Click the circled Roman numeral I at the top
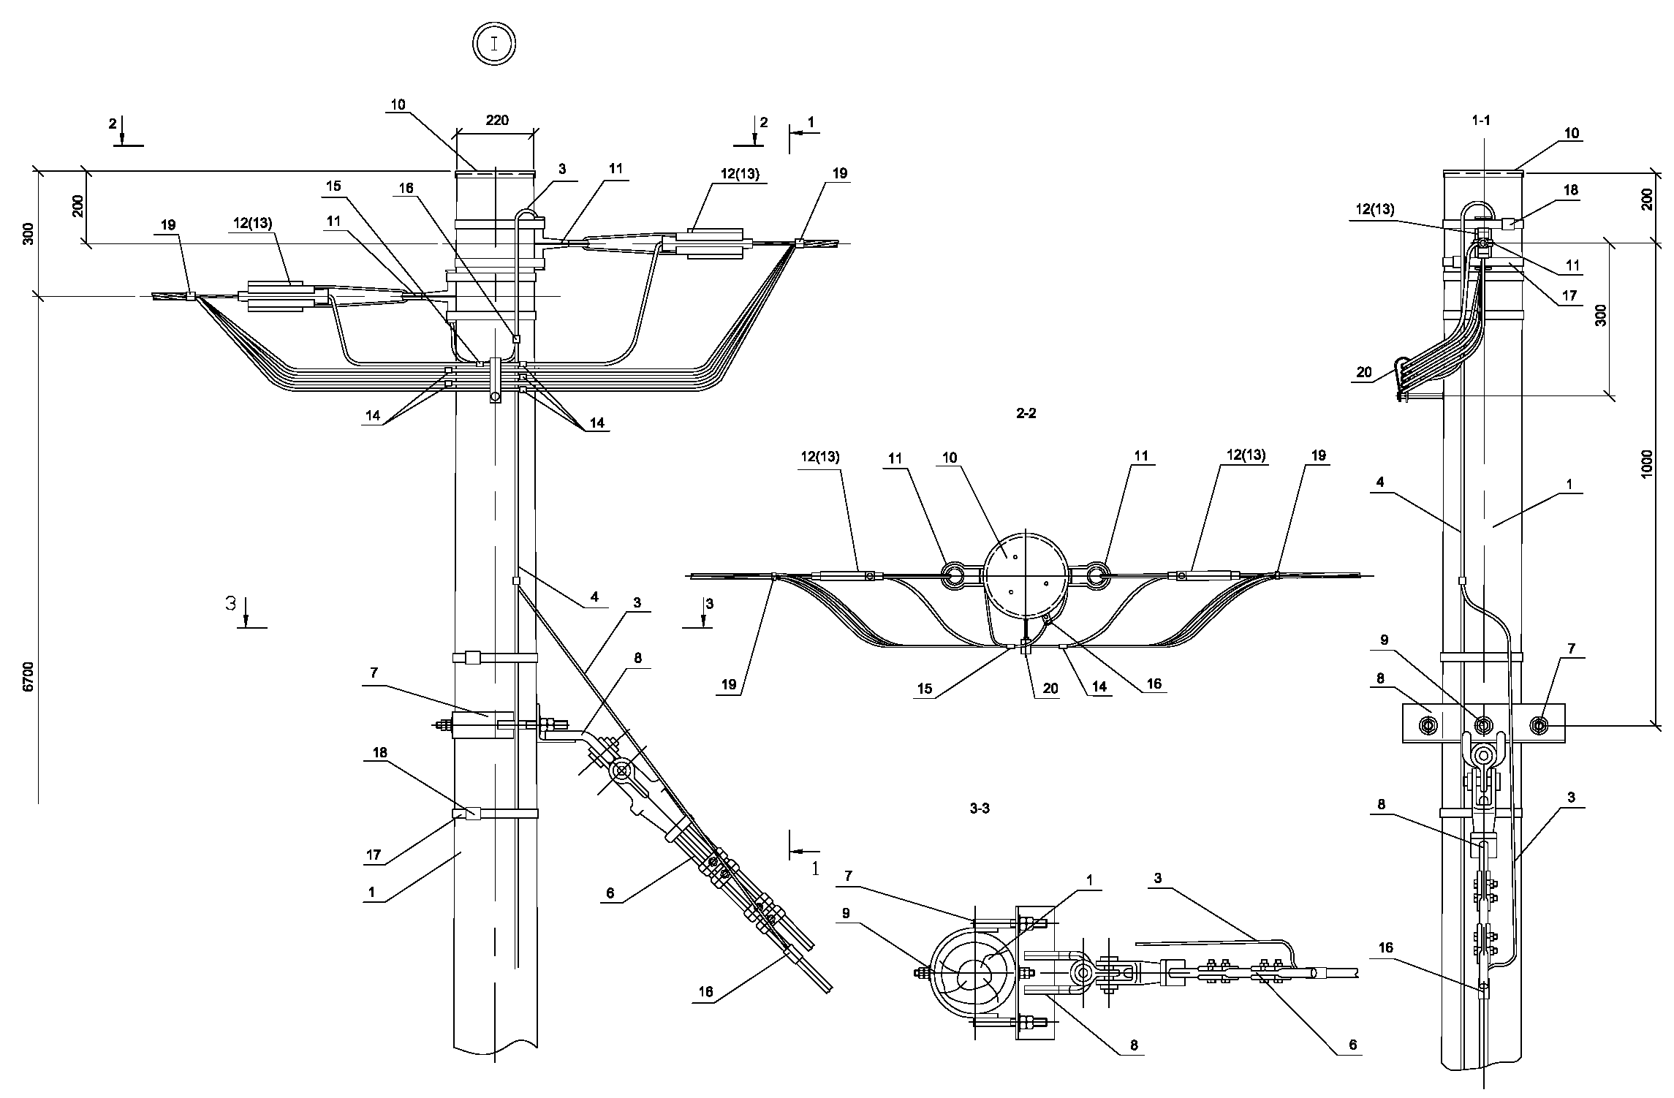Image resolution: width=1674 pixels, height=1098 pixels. pyautogui.click(x=494, y=44)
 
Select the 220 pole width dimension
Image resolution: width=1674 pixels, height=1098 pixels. pyautogui.click(x=496, y=121)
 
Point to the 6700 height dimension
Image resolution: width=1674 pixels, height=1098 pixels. pyautogui.click(x=28, y=676)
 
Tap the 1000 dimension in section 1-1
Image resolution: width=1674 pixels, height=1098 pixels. pyautogui.click(x=1646, y=463)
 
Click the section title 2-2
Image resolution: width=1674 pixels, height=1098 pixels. pyautogui.click(x=1026, y=414)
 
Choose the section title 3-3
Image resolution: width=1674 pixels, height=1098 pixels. pyautogui.click(x=980, y=809)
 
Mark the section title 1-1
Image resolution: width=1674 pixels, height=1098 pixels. pyautogui.click(x=1481, y=121)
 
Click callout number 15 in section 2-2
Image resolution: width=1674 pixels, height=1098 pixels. pyautogui.click(x=925, y=689)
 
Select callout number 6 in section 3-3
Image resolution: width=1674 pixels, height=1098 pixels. pyautogui.click(x=1352, y=1045)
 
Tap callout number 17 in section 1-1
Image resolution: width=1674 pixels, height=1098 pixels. pyautogui.click(x=1569, y=296)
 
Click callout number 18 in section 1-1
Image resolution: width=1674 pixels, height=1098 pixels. pyautogui.click(x=1570, y=190)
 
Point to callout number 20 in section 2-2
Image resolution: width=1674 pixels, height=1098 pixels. pyautogui.click(x=1050, y=689)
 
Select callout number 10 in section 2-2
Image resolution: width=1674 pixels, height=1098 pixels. pyautogui.click(x=949, y=458)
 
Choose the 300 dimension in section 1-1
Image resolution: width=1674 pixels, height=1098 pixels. pyautogui.click(x=1601, y=315)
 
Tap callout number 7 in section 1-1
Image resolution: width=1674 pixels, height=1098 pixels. pyautogui.click(x=1571, y=649)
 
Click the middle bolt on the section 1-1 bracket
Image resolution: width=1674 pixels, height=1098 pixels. pyautogui.click(x=1483, y=725)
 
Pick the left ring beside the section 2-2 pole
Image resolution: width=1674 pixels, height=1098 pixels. pyautogui.click(x=955, y=576)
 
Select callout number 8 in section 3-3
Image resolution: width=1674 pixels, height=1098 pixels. pyautogui.click(x=1134, y=1046)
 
